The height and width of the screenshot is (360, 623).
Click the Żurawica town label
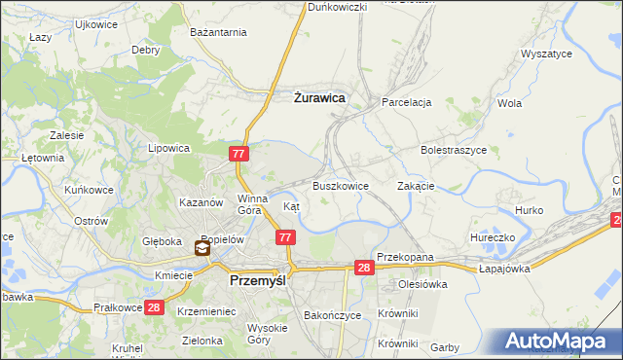pyautogui.click(x=319, y=96)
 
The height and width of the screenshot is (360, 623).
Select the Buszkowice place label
pyautogui.click(x=340, y=185)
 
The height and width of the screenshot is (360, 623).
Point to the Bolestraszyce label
pyautogui.click(x=454, y=151)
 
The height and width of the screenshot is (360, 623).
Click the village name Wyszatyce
pyautogui.click(x=546, y=54)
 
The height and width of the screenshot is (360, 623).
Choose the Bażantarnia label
pyautogui.click(x=219, y=33)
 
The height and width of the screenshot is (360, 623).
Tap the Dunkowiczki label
pyautogui.click(x=337, y=7)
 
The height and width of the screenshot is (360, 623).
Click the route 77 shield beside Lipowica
pyautogui.click(x=239, y=154)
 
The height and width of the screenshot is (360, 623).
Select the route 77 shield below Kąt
pyautogui.click(x=284, y=237)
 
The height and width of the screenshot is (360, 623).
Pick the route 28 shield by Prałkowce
pyautogui.click(x=153, y=307)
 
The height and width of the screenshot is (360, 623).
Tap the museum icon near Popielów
pyautogui.click(x=202, y=248)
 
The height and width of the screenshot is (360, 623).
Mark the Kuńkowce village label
pyautogui.click(x=90, y=190)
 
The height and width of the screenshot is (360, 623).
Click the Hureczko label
pyautogui.click(x=492, y=235)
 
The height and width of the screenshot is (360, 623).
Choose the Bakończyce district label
pyautogui.click(x=333, y=316)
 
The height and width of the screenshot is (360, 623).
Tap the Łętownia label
pyautogui.click(x=43, y=157)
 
